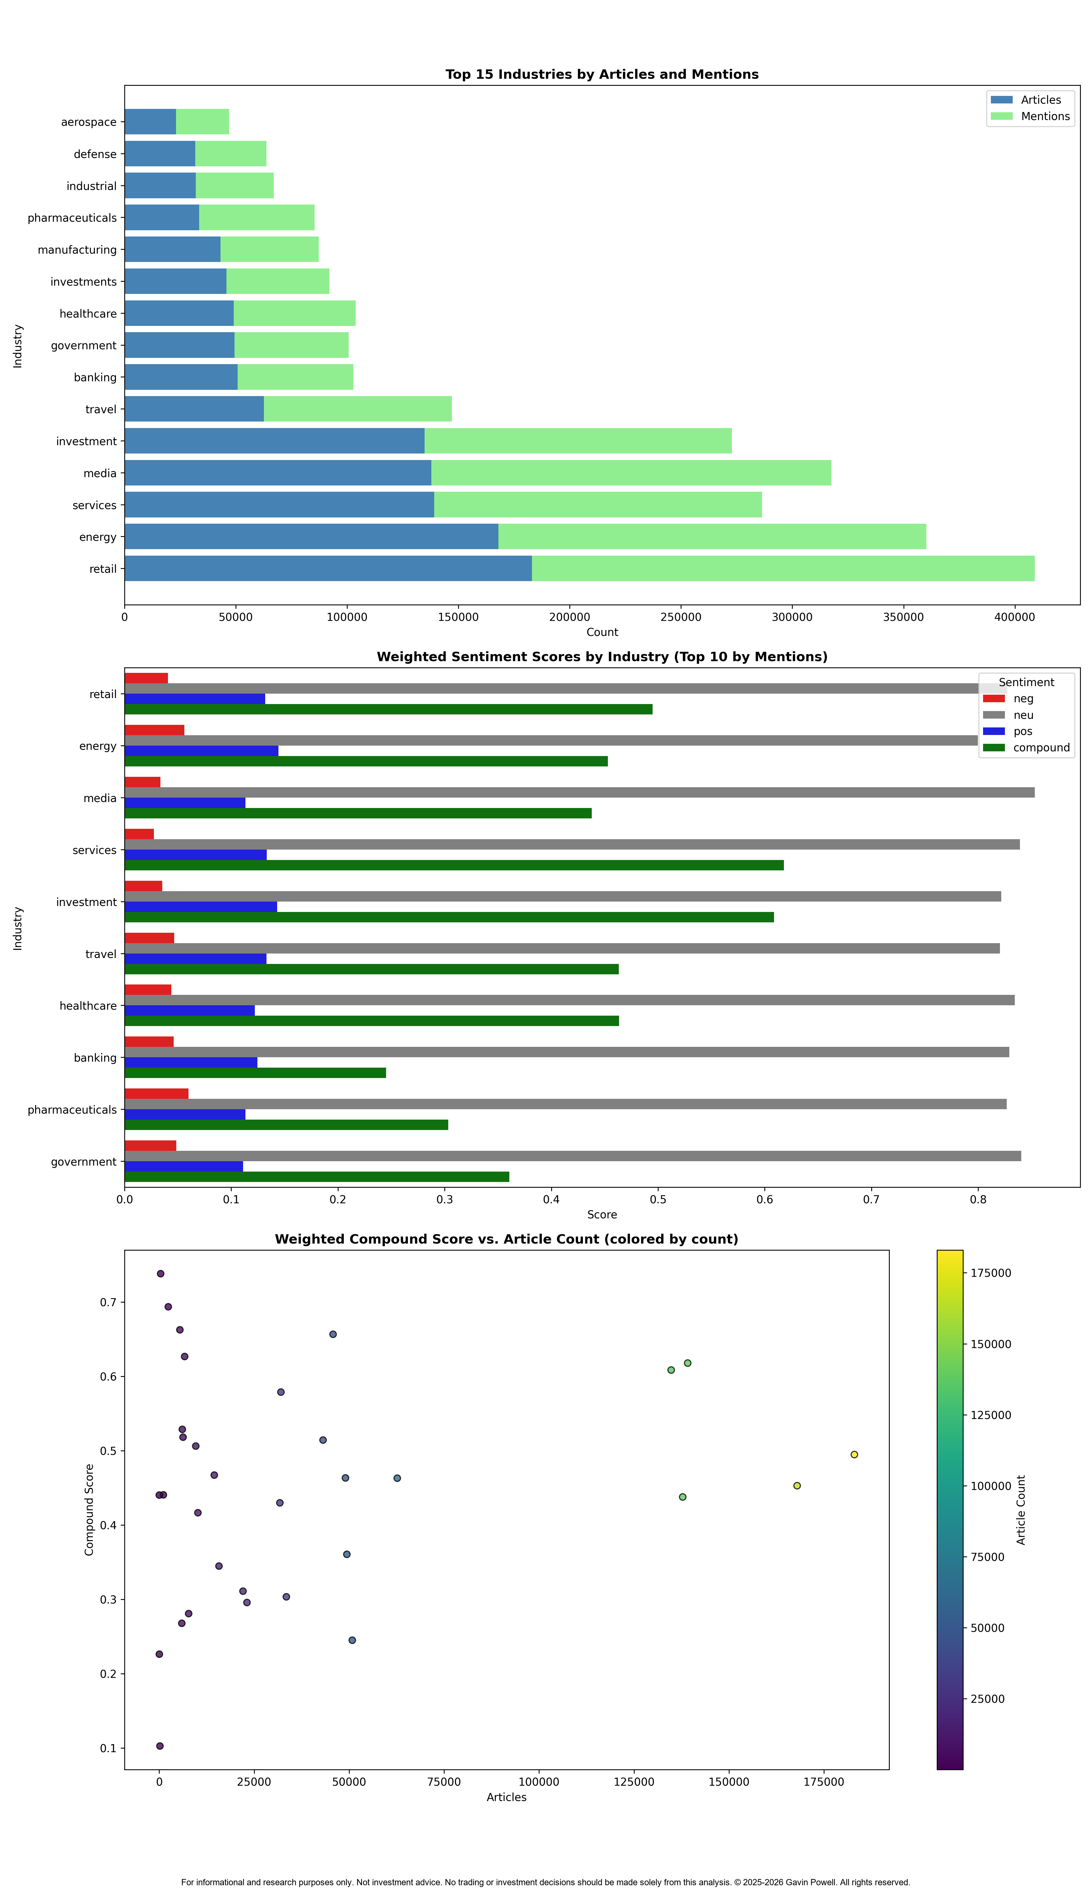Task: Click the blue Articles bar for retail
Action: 328,568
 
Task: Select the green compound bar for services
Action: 454,865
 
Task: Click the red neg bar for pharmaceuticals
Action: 156,1094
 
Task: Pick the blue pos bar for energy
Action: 201,750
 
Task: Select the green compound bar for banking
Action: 255,1073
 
